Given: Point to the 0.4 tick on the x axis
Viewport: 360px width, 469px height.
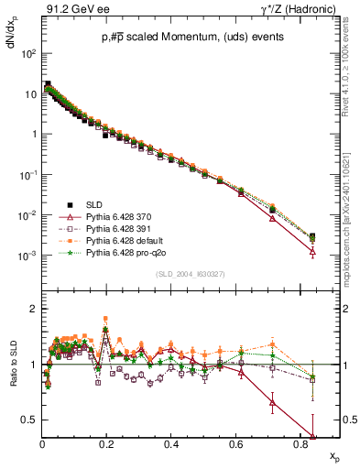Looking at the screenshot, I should pyautogui.click(x=171, y=445).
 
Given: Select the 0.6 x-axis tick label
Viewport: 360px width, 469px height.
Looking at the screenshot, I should pyautogui.click(x=236, y=445).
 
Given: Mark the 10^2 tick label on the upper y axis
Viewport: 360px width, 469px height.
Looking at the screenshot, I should pyautogui.click(x=27, y=53).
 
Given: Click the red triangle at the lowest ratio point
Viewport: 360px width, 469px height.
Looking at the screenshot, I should pyautogui.click(x=313, y=437).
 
